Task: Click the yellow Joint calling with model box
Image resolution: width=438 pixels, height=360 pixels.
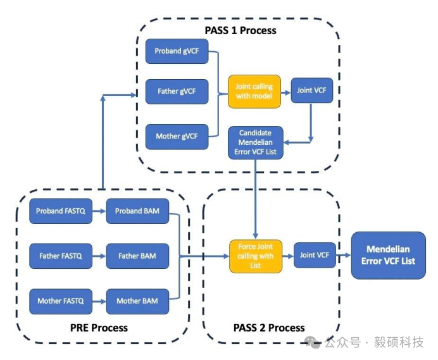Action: [254, 91]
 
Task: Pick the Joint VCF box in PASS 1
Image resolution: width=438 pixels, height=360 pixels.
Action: [313, 90]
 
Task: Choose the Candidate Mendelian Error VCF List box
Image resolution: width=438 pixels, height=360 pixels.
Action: [255, 142]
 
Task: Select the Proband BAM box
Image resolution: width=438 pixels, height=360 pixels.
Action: [137, 211]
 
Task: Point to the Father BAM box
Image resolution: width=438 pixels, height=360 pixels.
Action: [137, 256]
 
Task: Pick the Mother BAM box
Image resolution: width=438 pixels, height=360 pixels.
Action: [137, 301]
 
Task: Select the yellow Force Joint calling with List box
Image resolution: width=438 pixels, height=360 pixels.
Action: [255, 256]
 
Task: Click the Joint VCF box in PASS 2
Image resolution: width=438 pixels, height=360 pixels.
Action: [315, 256]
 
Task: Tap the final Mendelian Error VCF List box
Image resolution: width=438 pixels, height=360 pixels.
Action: [389, 256]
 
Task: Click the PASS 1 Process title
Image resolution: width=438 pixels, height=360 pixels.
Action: [240, 30]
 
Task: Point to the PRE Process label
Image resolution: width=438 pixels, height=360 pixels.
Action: [99, 328]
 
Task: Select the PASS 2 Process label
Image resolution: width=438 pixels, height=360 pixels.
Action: [269, 328]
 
